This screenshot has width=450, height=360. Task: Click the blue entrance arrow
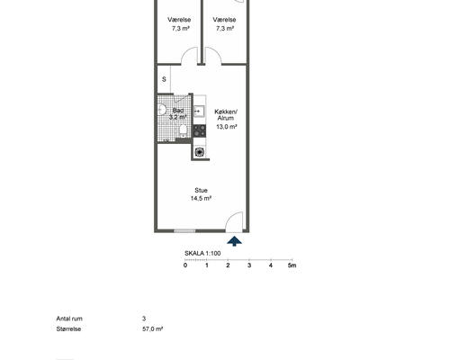234,241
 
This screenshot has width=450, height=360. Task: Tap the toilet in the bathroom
183,130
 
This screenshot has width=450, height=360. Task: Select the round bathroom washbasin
161,109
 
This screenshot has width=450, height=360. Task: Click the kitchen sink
199,111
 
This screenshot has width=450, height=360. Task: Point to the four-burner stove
199,130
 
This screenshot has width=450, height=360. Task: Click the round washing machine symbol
199,152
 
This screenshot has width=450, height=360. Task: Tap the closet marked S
164,79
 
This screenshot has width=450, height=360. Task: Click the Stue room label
201,190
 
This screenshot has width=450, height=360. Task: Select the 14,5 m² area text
201,198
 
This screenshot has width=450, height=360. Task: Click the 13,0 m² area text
227,127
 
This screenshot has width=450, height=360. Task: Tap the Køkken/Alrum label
226,114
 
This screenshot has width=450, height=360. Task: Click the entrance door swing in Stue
234,221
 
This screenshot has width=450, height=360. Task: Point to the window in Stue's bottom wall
184,230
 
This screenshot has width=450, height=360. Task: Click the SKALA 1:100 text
202,253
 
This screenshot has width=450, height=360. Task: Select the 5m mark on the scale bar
292,265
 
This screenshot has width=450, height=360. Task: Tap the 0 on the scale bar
185,265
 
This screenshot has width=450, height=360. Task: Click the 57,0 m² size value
153,328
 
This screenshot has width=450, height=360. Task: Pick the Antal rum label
69,319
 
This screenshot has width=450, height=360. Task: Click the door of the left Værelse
189,56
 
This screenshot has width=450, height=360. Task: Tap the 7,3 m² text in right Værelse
225,29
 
